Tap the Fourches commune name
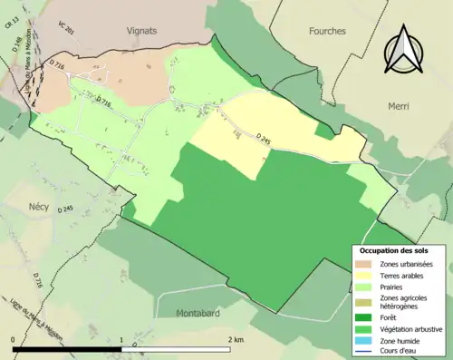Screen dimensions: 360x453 click(x=327, y=31)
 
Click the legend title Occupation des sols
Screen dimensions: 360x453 click(x=394, y=249)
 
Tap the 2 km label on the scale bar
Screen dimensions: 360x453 click(x=236, y=340)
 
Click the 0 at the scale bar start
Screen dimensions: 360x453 click(x=14, y=340)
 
